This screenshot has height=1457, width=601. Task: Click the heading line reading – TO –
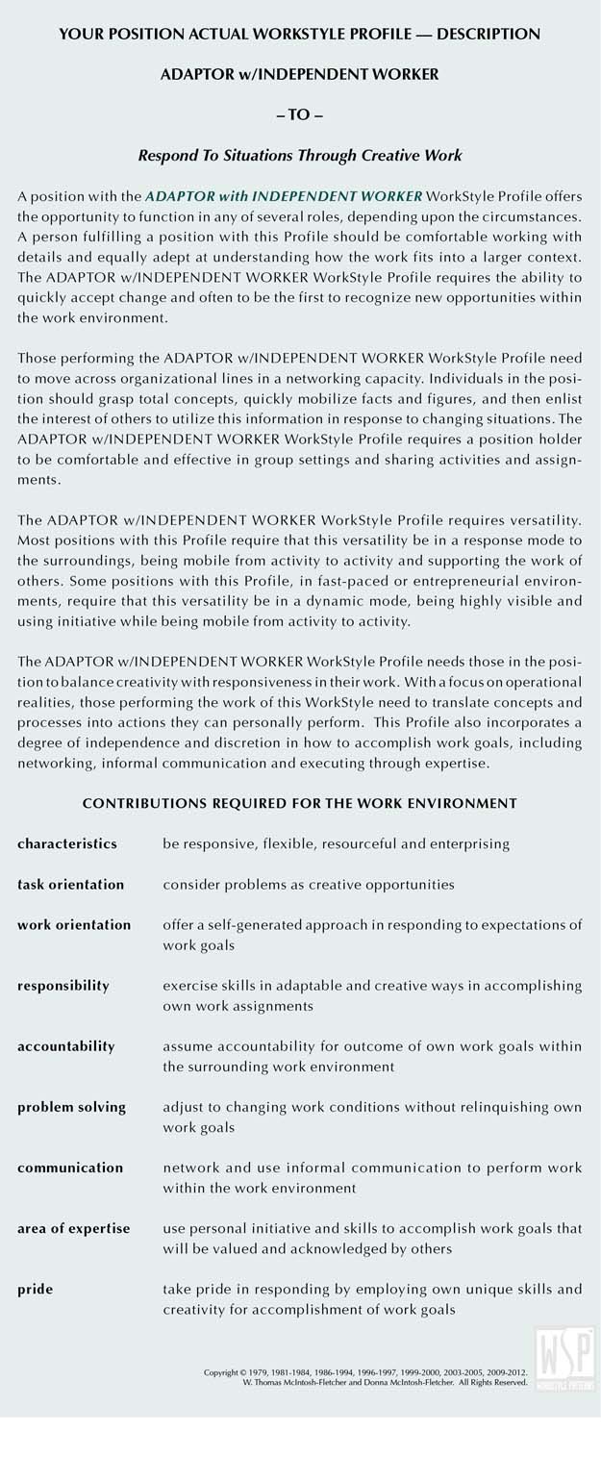click(x=300, y=113)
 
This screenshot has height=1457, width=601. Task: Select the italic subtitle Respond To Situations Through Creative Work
click(x=300, y=155)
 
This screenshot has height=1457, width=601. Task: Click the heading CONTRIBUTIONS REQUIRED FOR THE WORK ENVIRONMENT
click(x=300, y=803)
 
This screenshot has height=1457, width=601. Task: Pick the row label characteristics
click(x=67, y=843)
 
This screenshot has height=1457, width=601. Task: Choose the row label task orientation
click(x=70, y=884)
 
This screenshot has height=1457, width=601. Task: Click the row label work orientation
click(x=74, y=924)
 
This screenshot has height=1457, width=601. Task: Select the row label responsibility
click(x=63, y=985)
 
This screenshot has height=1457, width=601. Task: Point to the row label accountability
click(x=65, y=1045)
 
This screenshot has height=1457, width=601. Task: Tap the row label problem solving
click(x=71, y=1107)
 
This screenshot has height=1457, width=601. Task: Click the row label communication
click(x=70, y=1168)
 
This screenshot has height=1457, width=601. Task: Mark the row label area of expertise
click(x=73, y=1228)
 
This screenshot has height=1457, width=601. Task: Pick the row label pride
click(x=35, y=1289)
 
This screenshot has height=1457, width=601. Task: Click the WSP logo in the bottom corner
click(x=566, y=1358)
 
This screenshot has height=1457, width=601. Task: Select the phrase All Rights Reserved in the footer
click(x=492, y=1382)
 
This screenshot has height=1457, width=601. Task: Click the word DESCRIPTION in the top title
click(x=488, y=34)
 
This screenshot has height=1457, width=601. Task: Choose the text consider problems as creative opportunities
click(x=309, y=884)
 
